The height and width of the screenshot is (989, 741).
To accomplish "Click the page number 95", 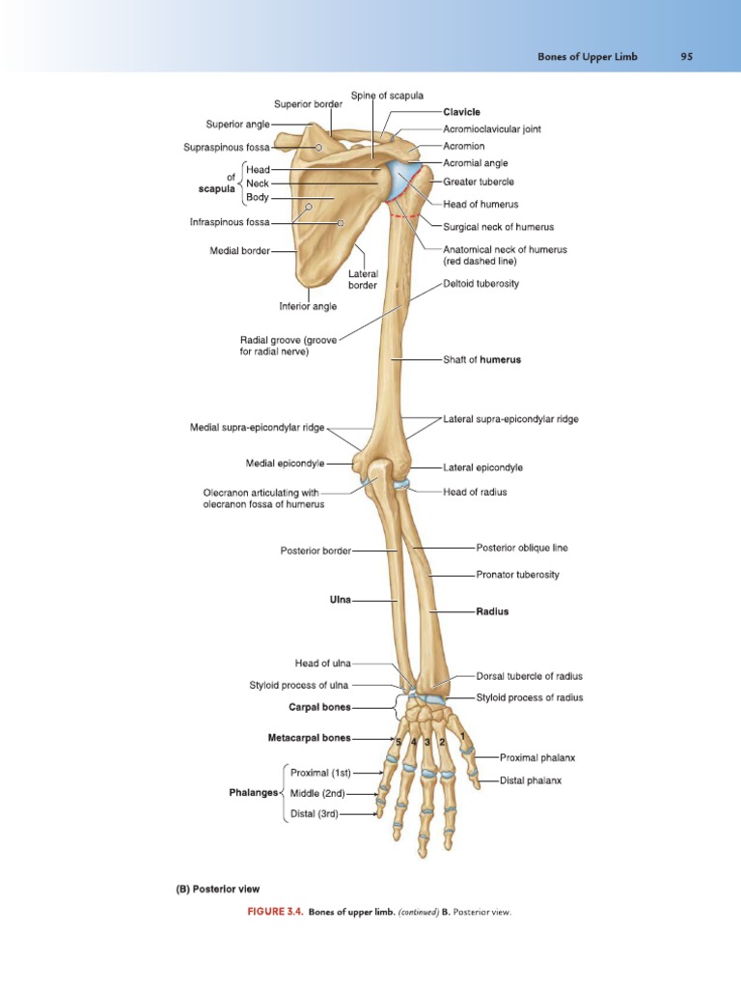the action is pos(686,57).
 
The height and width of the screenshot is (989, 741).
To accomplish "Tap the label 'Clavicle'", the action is pos(461,112).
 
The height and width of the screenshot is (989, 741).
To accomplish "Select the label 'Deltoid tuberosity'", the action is pos(480,284).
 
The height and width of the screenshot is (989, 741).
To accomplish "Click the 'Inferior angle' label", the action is pos(308,306).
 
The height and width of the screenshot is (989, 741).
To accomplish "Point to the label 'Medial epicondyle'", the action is pos(286,464).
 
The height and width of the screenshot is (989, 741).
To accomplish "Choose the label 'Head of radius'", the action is pos(475,492).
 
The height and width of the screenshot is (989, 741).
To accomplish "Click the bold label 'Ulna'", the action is pos(341,600).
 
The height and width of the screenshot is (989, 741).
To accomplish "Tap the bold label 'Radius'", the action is pos(492,611).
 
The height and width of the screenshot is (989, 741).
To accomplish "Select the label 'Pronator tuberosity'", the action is pos(517,575).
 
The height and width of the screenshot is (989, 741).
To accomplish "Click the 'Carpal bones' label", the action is pos(319,707).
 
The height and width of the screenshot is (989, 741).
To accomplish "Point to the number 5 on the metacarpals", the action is pos(397,742).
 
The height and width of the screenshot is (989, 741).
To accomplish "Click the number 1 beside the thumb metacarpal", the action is pos(463,737).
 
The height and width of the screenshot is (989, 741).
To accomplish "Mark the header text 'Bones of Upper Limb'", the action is pos(586,57).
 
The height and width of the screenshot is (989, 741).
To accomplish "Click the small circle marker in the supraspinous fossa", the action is pos(318,147).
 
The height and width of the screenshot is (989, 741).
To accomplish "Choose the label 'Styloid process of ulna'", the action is pos(298,686).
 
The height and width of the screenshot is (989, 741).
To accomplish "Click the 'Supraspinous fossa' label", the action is pos(227,148).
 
